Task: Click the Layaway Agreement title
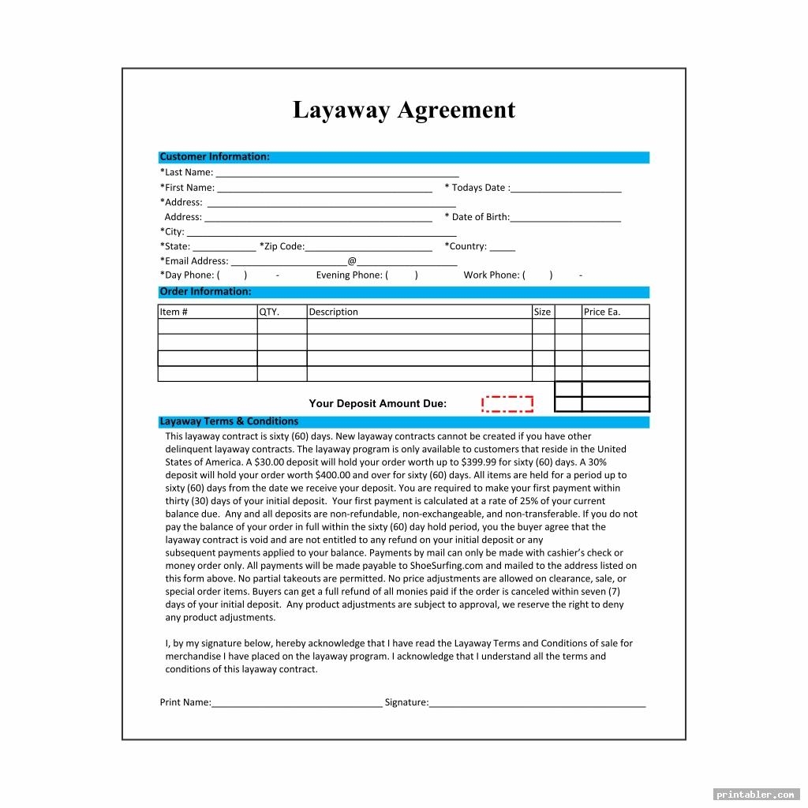[403, 110]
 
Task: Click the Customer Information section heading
[215, 157]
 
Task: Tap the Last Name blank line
[337, 174]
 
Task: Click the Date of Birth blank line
[566, 219]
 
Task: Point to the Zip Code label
[282, 246]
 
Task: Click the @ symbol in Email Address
[352, 261]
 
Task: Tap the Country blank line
[503, 248]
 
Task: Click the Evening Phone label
[349, 275]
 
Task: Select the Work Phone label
[491, 275]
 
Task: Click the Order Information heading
[205, 292]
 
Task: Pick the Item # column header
[174, 312]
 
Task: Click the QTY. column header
[270, 312]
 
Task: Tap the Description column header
[333, 312]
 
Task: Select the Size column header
[542, 312]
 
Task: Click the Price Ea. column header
[602, 312]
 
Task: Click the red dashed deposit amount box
[507, 404]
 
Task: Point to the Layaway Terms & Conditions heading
[229, 421]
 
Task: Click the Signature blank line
[537, 704]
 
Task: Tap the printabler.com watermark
[756, 794]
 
